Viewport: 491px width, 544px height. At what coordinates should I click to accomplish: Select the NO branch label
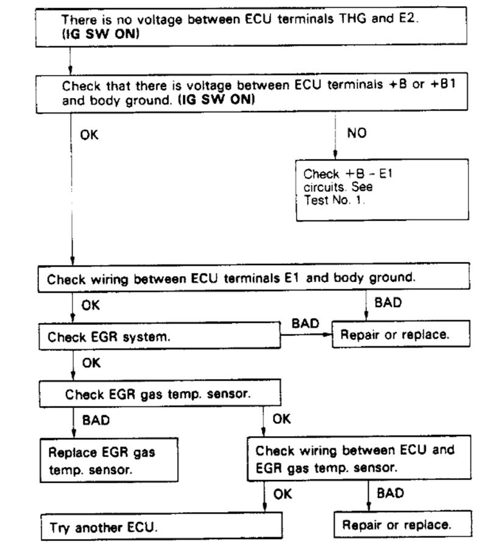[x=357, y=133]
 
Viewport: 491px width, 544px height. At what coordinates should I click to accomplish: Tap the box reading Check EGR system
[x=160, y=336]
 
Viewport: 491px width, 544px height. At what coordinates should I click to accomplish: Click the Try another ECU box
[x=161, y=527]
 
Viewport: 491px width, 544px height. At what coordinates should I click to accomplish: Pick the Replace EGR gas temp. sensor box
[x=110, y=461]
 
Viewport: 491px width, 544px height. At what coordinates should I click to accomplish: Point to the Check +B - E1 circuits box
[x=383, y=189]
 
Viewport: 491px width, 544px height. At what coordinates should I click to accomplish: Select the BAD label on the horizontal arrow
[x=305, y=323]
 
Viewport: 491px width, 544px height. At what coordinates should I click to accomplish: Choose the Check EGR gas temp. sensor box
[x=160, y=394]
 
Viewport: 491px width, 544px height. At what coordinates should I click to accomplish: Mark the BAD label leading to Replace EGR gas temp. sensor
[x=96, y=420]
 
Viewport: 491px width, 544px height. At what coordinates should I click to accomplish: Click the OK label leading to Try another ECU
[x=282, y=494]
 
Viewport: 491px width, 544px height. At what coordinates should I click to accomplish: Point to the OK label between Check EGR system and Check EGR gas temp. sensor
[x=91, y=363]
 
